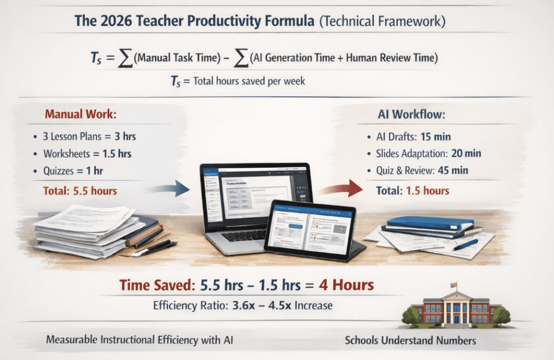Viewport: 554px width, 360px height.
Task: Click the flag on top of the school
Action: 453,284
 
